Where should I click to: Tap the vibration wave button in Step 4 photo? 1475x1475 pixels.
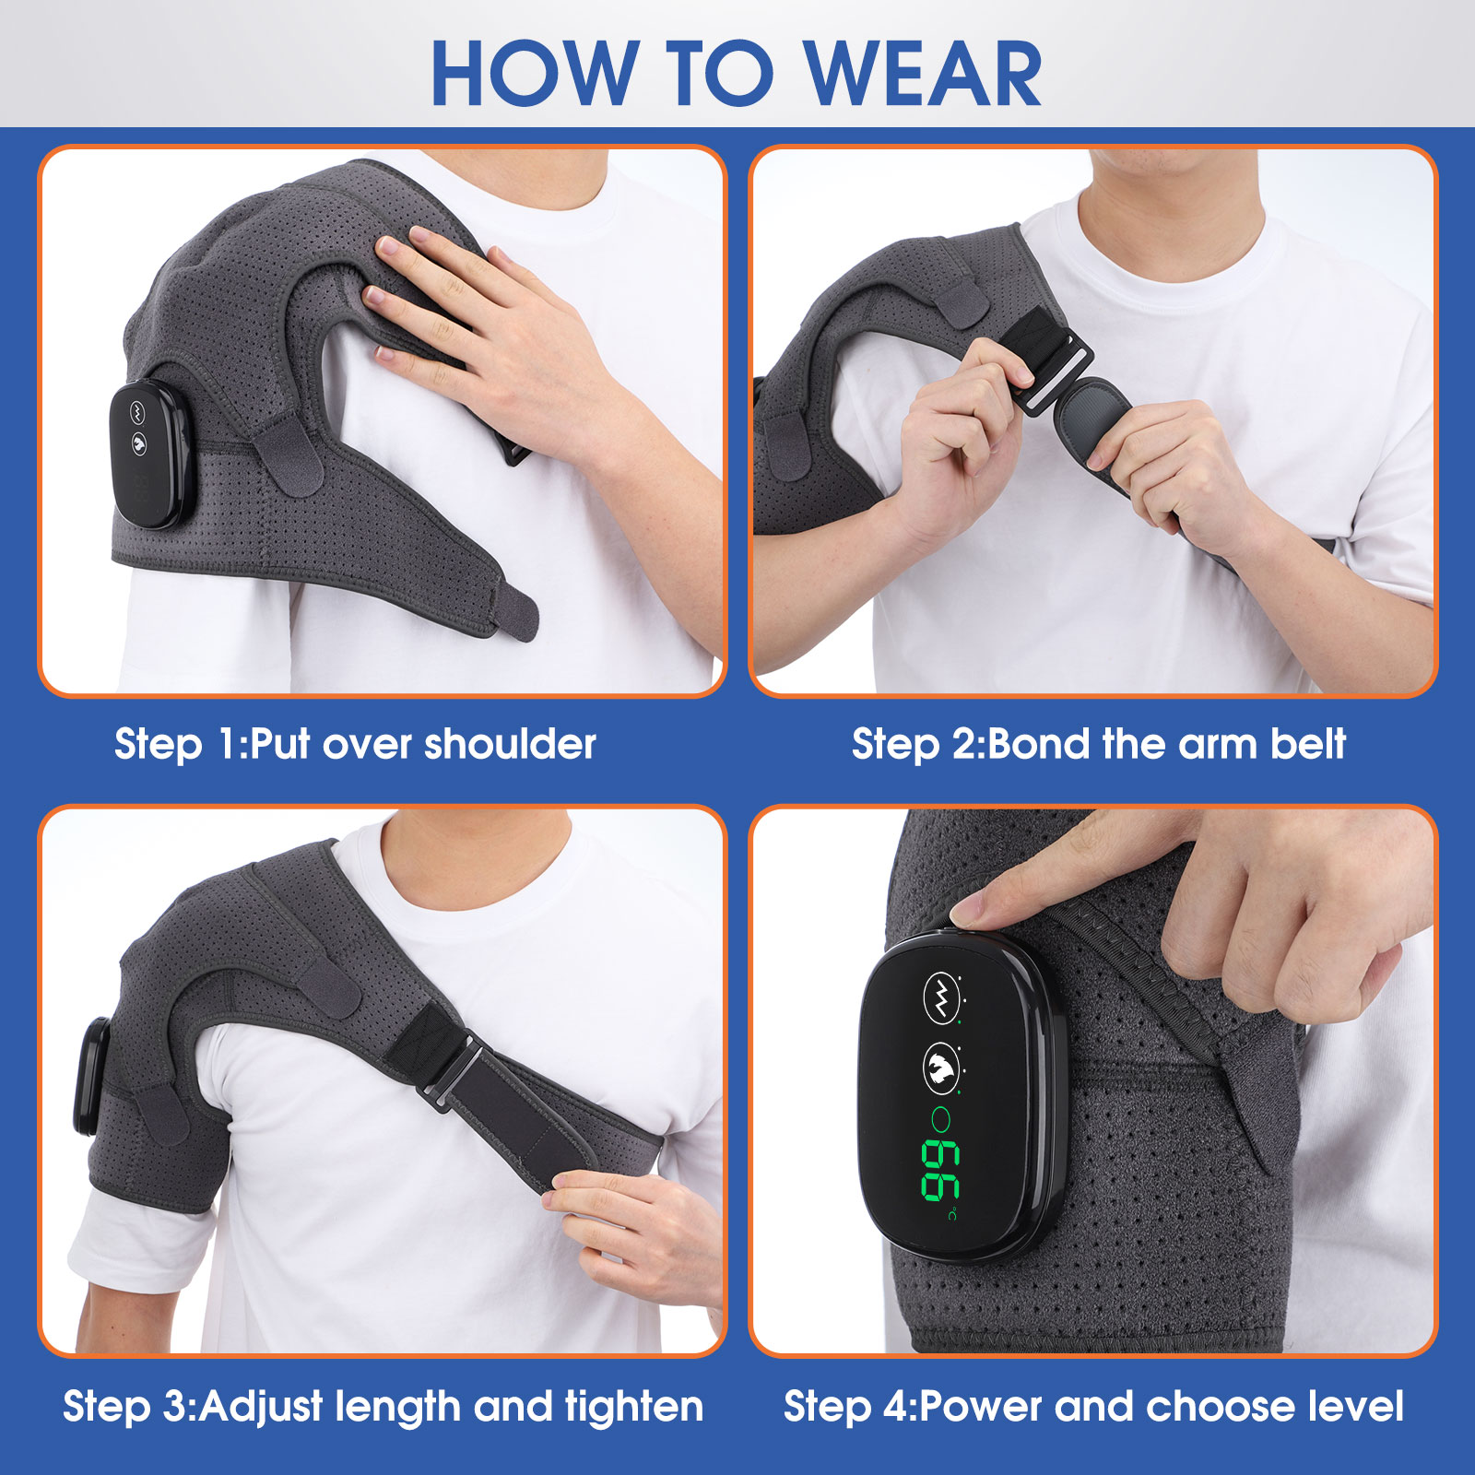point(941,996)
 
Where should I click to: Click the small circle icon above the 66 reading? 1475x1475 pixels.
point(940,1120)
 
